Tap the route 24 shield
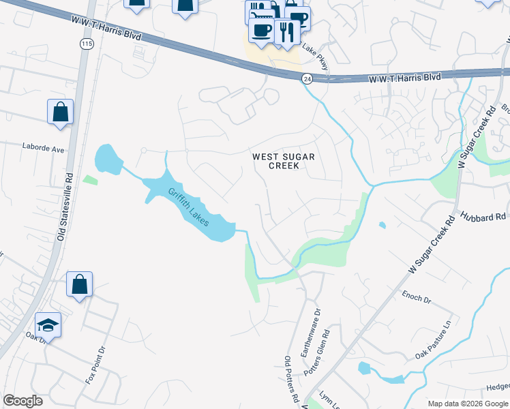click(x=307, y=78)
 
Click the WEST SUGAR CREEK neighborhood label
click(x=284, y=161)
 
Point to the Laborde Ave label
click(x=42, y=147)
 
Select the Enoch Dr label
click(x=417, y=298)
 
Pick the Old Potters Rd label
click(x=291, y=378)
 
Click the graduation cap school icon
click(x=48, y=326)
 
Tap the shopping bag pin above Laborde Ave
click(x=60, y=111)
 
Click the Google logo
click(x=22, y=401)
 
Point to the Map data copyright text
click(x=467, y=404)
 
